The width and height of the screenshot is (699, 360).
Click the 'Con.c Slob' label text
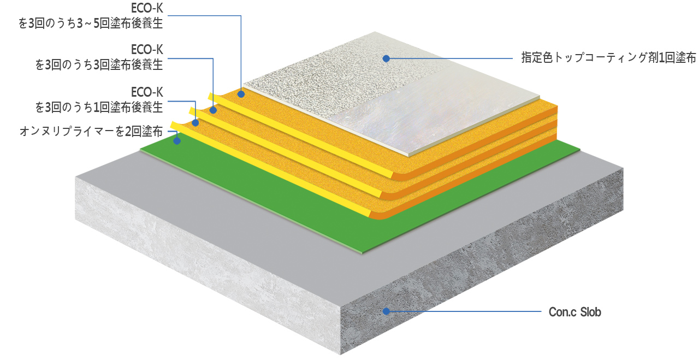click(575, 312)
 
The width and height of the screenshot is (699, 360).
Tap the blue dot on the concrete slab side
click(386, 311)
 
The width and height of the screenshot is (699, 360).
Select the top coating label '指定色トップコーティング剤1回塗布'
click(608, 58)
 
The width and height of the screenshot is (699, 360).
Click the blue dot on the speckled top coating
click(386, 58)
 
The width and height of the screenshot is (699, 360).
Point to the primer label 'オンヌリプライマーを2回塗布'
click(91, 132)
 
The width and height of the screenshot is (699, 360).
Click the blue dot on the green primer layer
click(177, 141)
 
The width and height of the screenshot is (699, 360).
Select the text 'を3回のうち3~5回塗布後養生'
click(91, 23)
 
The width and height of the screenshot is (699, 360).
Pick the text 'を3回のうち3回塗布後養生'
click(99, 65)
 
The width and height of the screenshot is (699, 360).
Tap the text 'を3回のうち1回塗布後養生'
click(99, 108)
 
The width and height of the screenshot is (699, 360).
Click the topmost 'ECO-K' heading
click(147, 8)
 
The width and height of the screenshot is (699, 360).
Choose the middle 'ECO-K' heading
click(147, 50)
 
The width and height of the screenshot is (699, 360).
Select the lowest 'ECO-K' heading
click(147, 92)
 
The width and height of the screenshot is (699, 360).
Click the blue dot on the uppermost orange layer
click(241, 93)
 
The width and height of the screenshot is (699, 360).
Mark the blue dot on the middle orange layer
click(213, 110)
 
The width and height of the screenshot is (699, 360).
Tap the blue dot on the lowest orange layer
click(196, 123)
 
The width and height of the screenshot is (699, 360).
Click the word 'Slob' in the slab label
click(590, 312)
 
